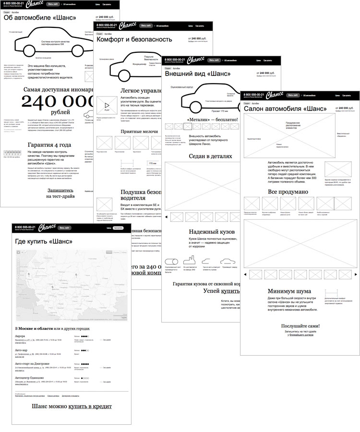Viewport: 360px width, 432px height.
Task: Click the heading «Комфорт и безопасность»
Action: [x=134, y=40]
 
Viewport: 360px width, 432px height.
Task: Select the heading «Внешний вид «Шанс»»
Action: [x=197, y=74]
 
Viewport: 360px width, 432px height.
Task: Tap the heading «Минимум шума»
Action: [x=289, y=291]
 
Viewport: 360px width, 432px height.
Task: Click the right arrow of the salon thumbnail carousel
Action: [x=354, y=275]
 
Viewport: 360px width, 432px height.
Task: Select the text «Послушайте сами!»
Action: [x=300, y=326]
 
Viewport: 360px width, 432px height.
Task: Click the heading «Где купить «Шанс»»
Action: [x=44, y=241]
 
